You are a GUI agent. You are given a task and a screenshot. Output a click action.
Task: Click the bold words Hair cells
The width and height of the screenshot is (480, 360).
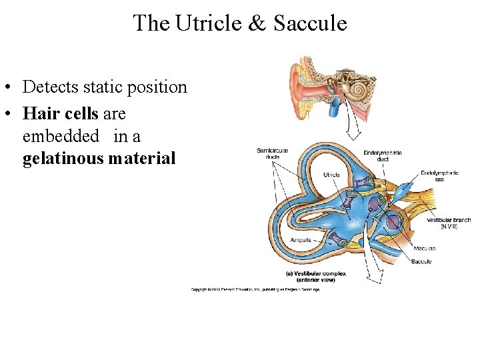[60, 113]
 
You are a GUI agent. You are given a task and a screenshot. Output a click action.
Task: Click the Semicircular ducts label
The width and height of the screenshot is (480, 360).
[273, 154]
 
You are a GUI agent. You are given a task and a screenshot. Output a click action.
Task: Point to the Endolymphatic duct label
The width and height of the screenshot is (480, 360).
[383, 157]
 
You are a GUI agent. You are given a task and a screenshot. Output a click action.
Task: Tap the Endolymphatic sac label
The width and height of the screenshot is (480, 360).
[439, 177]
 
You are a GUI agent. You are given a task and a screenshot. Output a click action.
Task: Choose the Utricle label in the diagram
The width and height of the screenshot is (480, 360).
[331, 175]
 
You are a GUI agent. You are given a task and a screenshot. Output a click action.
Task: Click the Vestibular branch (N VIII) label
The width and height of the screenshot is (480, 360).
[449, 223]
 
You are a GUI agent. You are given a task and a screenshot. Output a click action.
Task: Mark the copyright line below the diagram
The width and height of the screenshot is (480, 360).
[255, 289]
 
